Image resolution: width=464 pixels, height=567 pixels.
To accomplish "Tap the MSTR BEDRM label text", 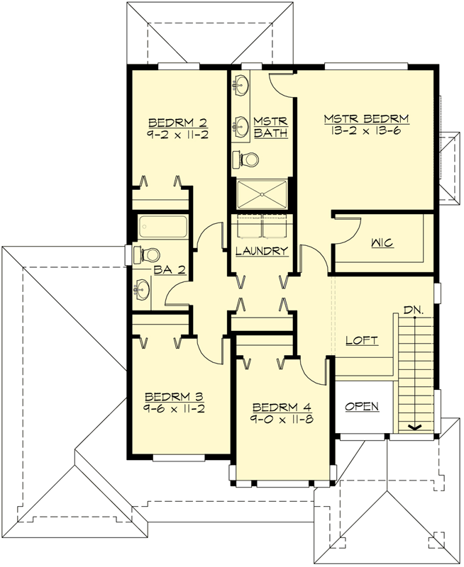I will [x=367, y=118].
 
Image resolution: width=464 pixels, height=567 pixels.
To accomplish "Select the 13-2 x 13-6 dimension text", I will [x=367, y=131].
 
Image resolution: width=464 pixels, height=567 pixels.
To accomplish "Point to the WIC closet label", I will [x=382, y=243].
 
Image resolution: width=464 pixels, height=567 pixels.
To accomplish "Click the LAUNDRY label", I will [x=262, y=251].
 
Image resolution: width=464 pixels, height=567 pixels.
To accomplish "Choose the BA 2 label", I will [x=170, y=269].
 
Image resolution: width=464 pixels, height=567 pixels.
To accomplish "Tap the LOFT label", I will [x=362, y=340].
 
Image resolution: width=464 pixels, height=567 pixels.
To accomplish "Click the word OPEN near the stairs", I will [x=362, y=407].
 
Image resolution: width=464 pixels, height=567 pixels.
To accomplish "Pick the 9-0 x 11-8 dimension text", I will [x=282, y=419].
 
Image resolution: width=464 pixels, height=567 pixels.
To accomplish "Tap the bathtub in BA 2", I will [x=162, y=227].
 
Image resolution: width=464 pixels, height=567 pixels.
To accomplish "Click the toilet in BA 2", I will [x=149, y=254].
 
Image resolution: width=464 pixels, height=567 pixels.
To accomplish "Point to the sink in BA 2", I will [x=142, y=288].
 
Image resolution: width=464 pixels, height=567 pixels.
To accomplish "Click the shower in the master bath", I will [x=262, y=193].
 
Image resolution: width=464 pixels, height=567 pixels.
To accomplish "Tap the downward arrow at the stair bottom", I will [x=413, y=427].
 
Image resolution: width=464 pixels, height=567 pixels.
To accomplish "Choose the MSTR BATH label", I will [x=270, y=128].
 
